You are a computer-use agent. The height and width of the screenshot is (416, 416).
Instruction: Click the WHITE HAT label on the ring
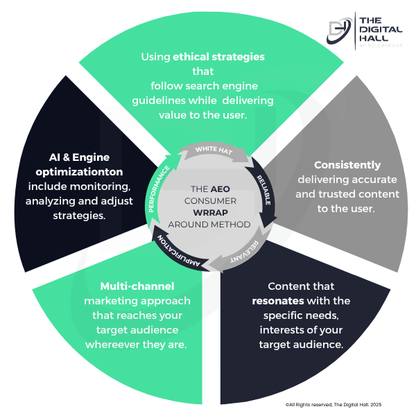click(208, 149)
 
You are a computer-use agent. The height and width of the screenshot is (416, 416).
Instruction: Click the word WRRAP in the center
click(207, 213)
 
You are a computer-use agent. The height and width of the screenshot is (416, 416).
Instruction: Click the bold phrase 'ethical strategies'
click(219, 57)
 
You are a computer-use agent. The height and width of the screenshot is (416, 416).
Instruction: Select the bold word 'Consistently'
click(347, 165)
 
